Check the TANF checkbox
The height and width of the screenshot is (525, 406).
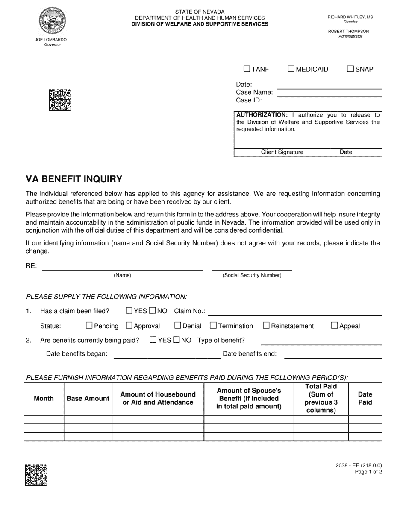(247, 69)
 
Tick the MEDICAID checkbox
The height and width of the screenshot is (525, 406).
(291, 69)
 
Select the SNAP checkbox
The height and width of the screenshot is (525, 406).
(350, 69)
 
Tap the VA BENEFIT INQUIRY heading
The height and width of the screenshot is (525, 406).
(74, 179)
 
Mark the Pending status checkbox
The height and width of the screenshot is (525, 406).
(89, 325)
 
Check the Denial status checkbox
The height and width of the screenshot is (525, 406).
(178, 325)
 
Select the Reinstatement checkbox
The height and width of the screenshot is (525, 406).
(266, 325)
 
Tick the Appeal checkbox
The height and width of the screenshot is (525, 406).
(335, 325)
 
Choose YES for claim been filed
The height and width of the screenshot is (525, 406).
(129, 310)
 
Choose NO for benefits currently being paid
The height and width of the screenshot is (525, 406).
(176, 340)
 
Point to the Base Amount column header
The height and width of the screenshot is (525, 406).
(88, 398)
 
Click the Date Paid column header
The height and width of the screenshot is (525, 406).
(365, 398)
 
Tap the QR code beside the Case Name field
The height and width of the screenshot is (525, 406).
(59, 100)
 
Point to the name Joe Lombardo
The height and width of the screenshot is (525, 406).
(51, 40)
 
